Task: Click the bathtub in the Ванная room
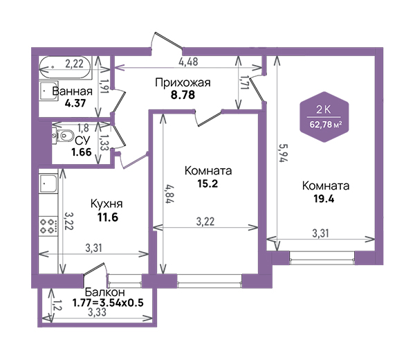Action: click(66, 67)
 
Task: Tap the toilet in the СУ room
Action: click(63, 136)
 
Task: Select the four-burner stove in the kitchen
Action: click(48, 226)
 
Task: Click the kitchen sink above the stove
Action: click(48, 183)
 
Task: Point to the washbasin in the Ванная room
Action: click(48, 91)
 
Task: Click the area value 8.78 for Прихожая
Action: click(183, 95)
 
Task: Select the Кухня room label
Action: click(107, 204)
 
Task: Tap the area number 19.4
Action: click(324, 199)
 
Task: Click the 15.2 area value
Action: click(207, 183)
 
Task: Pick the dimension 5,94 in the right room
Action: click(284, 153)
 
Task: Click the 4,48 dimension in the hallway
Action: click(188, 62)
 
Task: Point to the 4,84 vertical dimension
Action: click(170, 194)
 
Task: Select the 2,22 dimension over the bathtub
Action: click(75, 64)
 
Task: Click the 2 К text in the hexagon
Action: click(324, 109)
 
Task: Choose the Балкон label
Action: click(105, 292)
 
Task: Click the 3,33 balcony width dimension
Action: click(97, 312)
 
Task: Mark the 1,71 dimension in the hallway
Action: click(244, 82)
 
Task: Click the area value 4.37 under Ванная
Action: click(75, 103)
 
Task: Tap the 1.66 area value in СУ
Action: click(81, 152)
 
